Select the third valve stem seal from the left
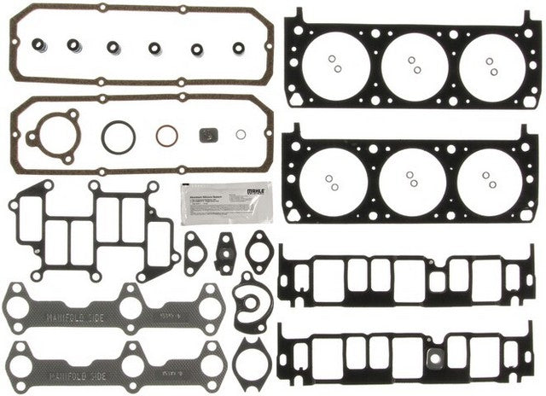[113, 47]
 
